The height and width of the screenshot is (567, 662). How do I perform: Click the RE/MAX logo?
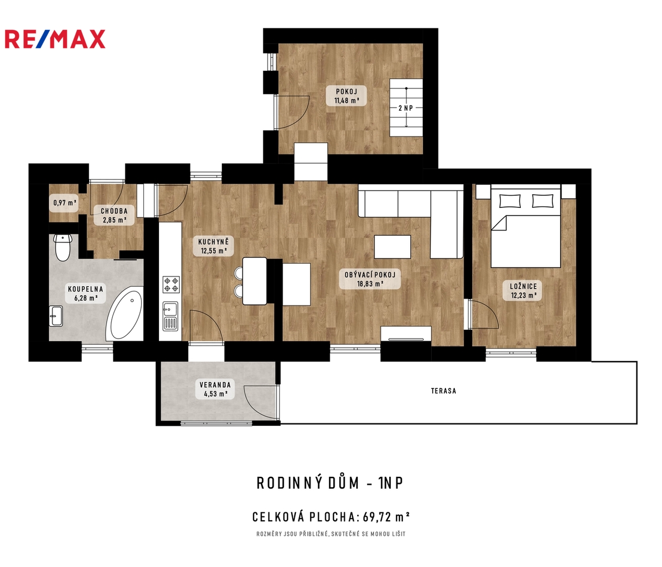point(55,39)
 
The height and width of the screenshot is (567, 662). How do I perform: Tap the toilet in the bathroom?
point(63,248)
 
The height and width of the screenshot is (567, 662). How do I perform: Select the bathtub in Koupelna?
point(124,314)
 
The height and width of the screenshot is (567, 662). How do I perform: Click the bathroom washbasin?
point(56,316)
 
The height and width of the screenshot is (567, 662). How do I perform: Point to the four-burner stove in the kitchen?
point(171,285)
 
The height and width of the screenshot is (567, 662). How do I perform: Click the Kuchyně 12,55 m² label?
point(213,246)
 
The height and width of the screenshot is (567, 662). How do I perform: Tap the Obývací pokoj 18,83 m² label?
point(370,279)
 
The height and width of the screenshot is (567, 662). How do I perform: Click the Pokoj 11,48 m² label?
point(347,96)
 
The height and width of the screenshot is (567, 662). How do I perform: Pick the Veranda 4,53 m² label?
point(215,389)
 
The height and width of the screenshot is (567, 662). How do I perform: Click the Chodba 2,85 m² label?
point(114,215)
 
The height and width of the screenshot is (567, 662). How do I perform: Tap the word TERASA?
point(443,391)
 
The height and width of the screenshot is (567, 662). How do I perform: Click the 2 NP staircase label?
point(406,108)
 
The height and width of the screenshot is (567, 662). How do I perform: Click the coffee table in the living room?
point(392,246)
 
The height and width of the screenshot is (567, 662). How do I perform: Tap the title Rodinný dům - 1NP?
point(329,483)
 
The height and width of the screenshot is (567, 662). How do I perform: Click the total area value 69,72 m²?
point(386,517)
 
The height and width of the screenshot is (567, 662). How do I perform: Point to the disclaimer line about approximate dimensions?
point(331,534)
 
